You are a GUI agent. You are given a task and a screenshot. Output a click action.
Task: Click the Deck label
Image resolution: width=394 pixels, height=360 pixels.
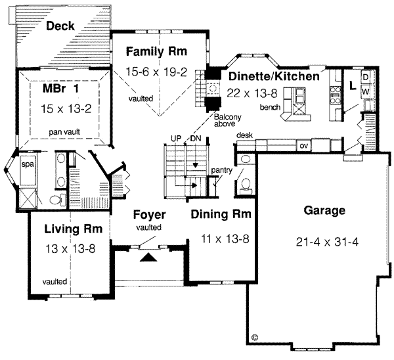pos(60,26)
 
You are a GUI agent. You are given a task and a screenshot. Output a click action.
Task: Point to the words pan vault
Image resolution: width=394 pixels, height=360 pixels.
pos(64,131)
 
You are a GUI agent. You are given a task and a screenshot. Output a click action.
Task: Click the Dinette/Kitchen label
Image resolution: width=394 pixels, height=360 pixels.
pos(274,76)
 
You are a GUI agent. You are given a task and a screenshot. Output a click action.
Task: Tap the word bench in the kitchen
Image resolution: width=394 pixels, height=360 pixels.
pos(270,106)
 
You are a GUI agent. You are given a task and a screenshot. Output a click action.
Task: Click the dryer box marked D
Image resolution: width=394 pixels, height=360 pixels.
pos(366,76)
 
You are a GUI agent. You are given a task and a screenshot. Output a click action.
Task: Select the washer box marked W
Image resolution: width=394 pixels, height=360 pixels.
pos(366,91)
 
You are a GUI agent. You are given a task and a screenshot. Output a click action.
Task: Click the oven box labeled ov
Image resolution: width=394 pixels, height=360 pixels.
pos(304,145)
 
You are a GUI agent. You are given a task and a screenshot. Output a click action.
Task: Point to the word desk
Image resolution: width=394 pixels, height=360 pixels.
pos(245,135)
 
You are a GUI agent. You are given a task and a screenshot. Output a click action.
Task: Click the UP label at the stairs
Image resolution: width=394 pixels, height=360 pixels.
pos(175,138)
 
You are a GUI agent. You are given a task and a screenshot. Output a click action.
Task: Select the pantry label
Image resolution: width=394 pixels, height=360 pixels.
pos(222,170)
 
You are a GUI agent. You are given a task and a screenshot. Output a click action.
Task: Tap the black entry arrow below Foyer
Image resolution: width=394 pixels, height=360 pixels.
pos(150,258)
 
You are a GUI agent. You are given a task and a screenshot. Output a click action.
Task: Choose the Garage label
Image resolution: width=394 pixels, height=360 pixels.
pos(324,211)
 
